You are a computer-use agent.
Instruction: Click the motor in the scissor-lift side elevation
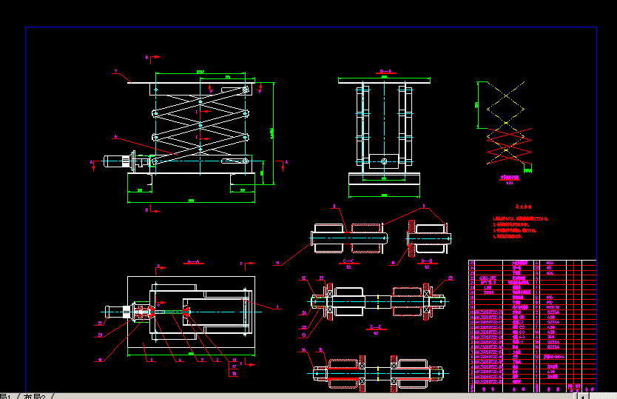pos(114,161)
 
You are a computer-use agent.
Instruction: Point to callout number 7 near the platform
pos(115,71)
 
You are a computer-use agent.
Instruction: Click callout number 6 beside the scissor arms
pos(115,135)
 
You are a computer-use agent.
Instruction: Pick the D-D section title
pos(427,261)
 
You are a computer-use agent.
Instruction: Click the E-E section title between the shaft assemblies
pos(375,326)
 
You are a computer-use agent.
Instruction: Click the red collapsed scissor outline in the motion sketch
pos(508,144)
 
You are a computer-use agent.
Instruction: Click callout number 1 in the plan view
pos(277,305)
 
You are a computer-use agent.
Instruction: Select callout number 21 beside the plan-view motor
pos(98,323)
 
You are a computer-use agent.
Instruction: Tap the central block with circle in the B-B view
pos(383,161)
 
